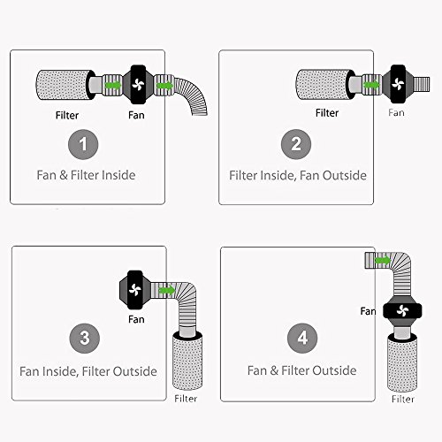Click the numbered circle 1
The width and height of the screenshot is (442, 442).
83,144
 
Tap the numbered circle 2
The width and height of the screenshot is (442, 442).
296,144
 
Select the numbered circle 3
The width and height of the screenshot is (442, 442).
85,338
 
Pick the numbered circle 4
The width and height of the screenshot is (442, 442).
302,338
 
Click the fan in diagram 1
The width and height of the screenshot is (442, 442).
138,85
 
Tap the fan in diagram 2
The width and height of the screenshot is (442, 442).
398,84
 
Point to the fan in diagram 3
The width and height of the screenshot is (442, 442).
135,290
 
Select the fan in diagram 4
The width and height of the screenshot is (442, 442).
402,311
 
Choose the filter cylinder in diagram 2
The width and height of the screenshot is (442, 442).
325,84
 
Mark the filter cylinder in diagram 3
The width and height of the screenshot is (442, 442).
187,362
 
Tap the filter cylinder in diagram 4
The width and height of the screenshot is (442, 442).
402,362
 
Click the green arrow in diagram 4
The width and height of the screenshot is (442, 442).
383,261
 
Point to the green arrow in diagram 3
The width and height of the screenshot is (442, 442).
167,290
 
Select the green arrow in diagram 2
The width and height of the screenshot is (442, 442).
372,85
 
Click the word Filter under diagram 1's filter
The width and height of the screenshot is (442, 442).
67,115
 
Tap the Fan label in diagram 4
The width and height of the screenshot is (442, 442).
368,311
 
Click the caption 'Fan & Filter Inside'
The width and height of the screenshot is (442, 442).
86,175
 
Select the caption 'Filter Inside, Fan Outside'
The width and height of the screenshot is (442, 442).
298,176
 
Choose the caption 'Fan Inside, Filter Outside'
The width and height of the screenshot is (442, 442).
88,371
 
